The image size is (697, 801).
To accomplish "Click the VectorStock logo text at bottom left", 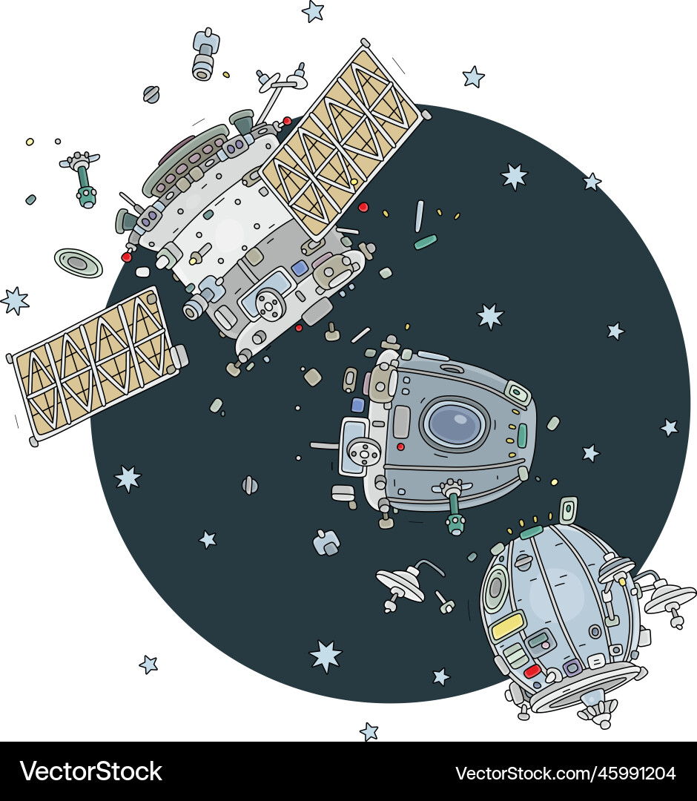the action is (91, 772).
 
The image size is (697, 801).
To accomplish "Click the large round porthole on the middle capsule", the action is (455, 423).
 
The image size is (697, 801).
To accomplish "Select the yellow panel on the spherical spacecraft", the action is (508, 626).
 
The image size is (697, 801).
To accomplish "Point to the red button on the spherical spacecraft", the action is (532, 671).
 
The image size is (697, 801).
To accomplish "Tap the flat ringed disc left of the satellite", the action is (78, 263).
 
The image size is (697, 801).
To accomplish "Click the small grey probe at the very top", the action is (205, 54).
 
